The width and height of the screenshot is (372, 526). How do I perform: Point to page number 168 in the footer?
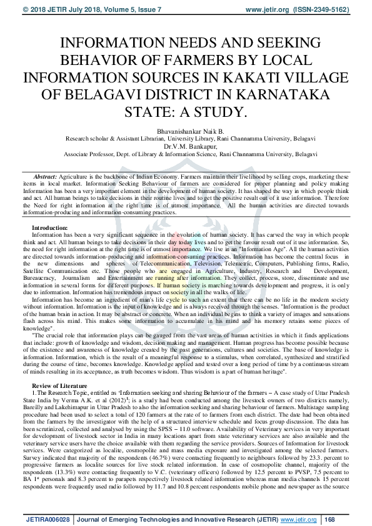pyautogui.click(x=329, y=519)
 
